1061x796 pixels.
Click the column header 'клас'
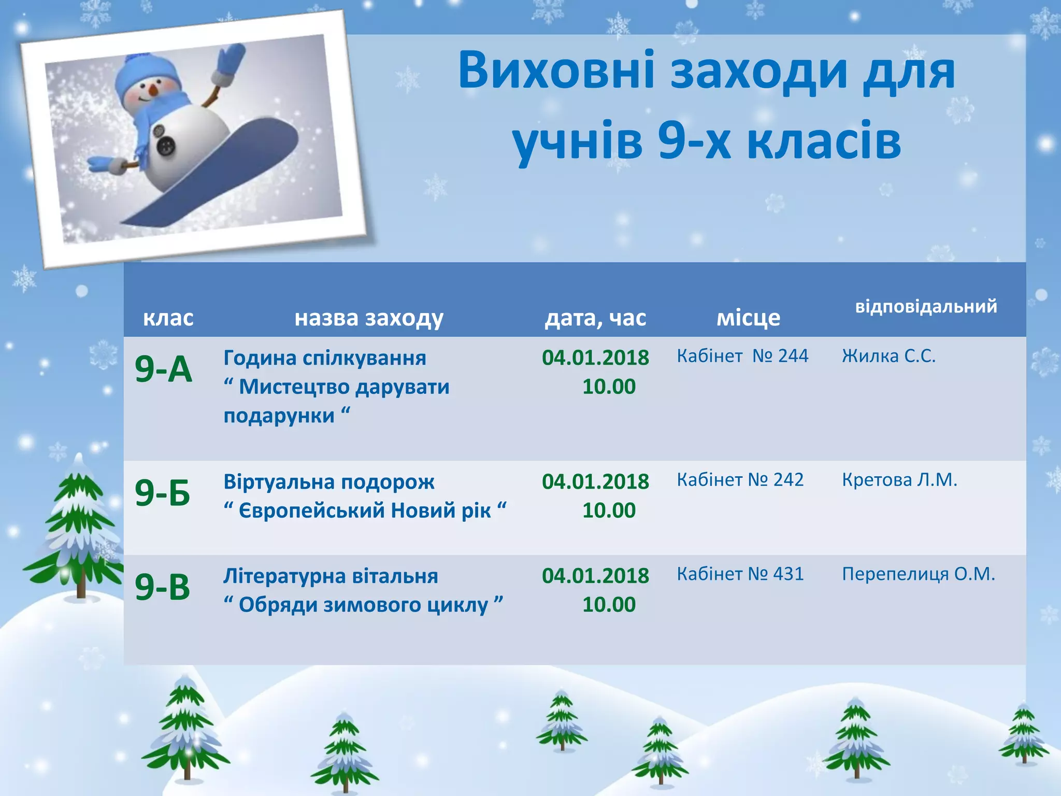[168, 318]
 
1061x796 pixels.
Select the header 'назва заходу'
[369, 318]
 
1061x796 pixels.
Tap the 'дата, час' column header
[595, 318]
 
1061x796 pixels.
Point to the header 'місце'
[748, 318]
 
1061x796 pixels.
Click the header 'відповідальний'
[926, 306]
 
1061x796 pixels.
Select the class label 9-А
[163, 369]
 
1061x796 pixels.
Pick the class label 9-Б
[163, 492]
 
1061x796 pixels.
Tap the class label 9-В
[163, 587]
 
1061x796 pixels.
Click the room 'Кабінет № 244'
[742, 356]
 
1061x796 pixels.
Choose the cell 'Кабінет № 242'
[740, 480]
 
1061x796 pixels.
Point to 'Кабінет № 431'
[740, 574]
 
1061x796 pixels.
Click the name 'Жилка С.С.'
[888, 356]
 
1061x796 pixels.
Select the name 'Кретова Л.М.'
[899, 480]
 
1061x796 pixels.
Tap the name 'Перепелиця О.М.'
[918, 574]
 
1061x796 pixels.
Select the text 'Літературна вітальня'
[331, 576]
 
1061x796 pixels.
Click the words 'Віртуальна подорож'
[329, 482]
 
